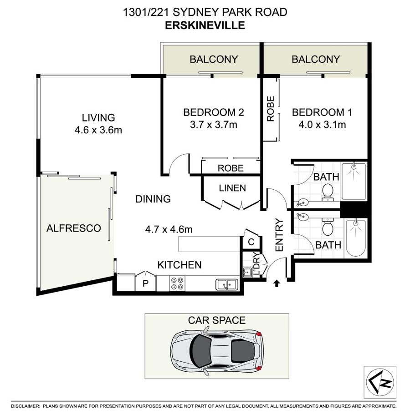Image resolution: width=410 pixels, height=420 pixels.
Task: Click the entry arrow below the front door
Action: tap(277, 283)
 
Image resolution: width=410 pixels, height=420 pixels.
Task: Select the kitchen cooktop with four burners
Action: tap(177, 283)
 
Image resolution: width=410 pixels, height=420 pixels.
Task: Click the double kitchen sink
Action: tap(227, 284)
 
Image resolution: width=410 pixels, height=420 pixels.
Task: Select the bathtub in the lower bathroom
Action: tap(356, 238)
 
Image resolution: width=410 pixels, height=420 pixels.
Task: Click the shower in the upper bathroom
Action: tap(354, 181)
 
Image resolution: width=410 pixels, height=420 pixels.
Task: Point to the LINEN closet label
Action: tap(232, 188)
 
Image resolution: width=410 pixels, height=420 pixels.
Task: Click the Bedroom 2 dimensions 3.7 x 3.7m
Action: tap(214, 125)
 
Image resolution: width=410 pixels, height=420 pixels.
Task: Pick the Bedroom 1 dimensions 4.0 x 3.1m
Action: tap(322, 125)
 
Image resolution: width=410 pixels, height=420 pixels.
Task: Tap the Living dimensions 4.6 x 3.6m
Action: tap(98, 130)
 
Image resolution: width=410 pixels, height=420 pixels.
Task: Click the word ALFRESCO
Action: tap(74, 228)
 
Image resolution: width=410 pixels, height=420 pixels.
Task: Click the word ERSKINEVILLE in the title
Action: tap(205, 25)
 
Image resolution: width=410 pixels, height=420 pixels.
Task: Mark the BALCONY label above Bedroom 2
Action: tap(214, 59)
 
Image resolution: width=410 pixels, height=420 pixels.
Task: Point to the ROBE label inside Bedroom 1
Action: tap(270, 109)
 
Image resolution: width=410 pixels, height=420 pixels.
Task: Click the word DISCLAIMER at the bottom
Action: tap(26, 406)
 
